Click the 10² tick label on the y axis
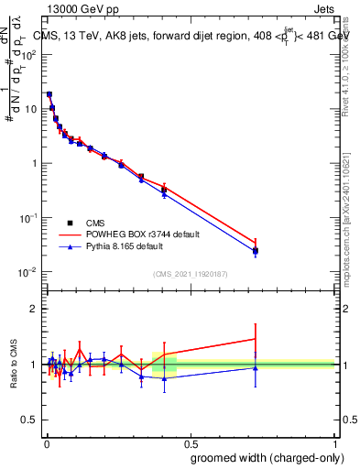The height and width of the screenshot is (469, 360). pyautogui.click(x=28, y=54)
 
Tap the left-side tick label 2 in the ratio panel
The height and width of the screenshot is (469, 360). pyautogui.click(x=33, y=309)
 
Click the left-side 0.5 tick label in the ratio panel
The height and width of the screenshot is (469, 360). pyautogui.click(x=29, y=420)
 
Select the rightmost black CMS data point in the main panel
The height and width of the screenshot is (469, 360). pyautogui.click(x=256, y=250)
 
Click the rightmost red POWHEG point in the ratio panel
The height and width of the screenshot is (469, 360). pyautogui.click(x=256, y=339)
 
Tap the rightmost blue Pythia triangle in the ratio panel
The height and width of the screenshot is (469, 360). pyautogui.click(x=256, y=368)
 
